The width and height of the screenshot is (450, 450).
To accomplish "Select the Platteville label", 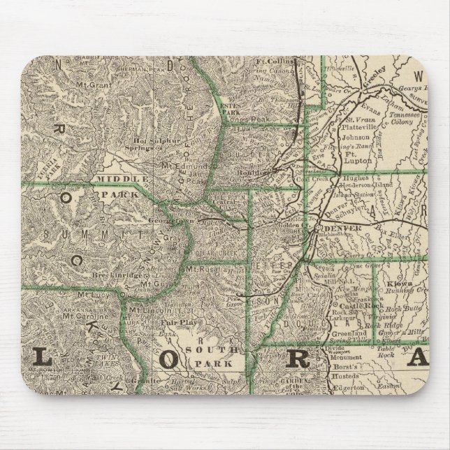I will pos(360,126).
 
